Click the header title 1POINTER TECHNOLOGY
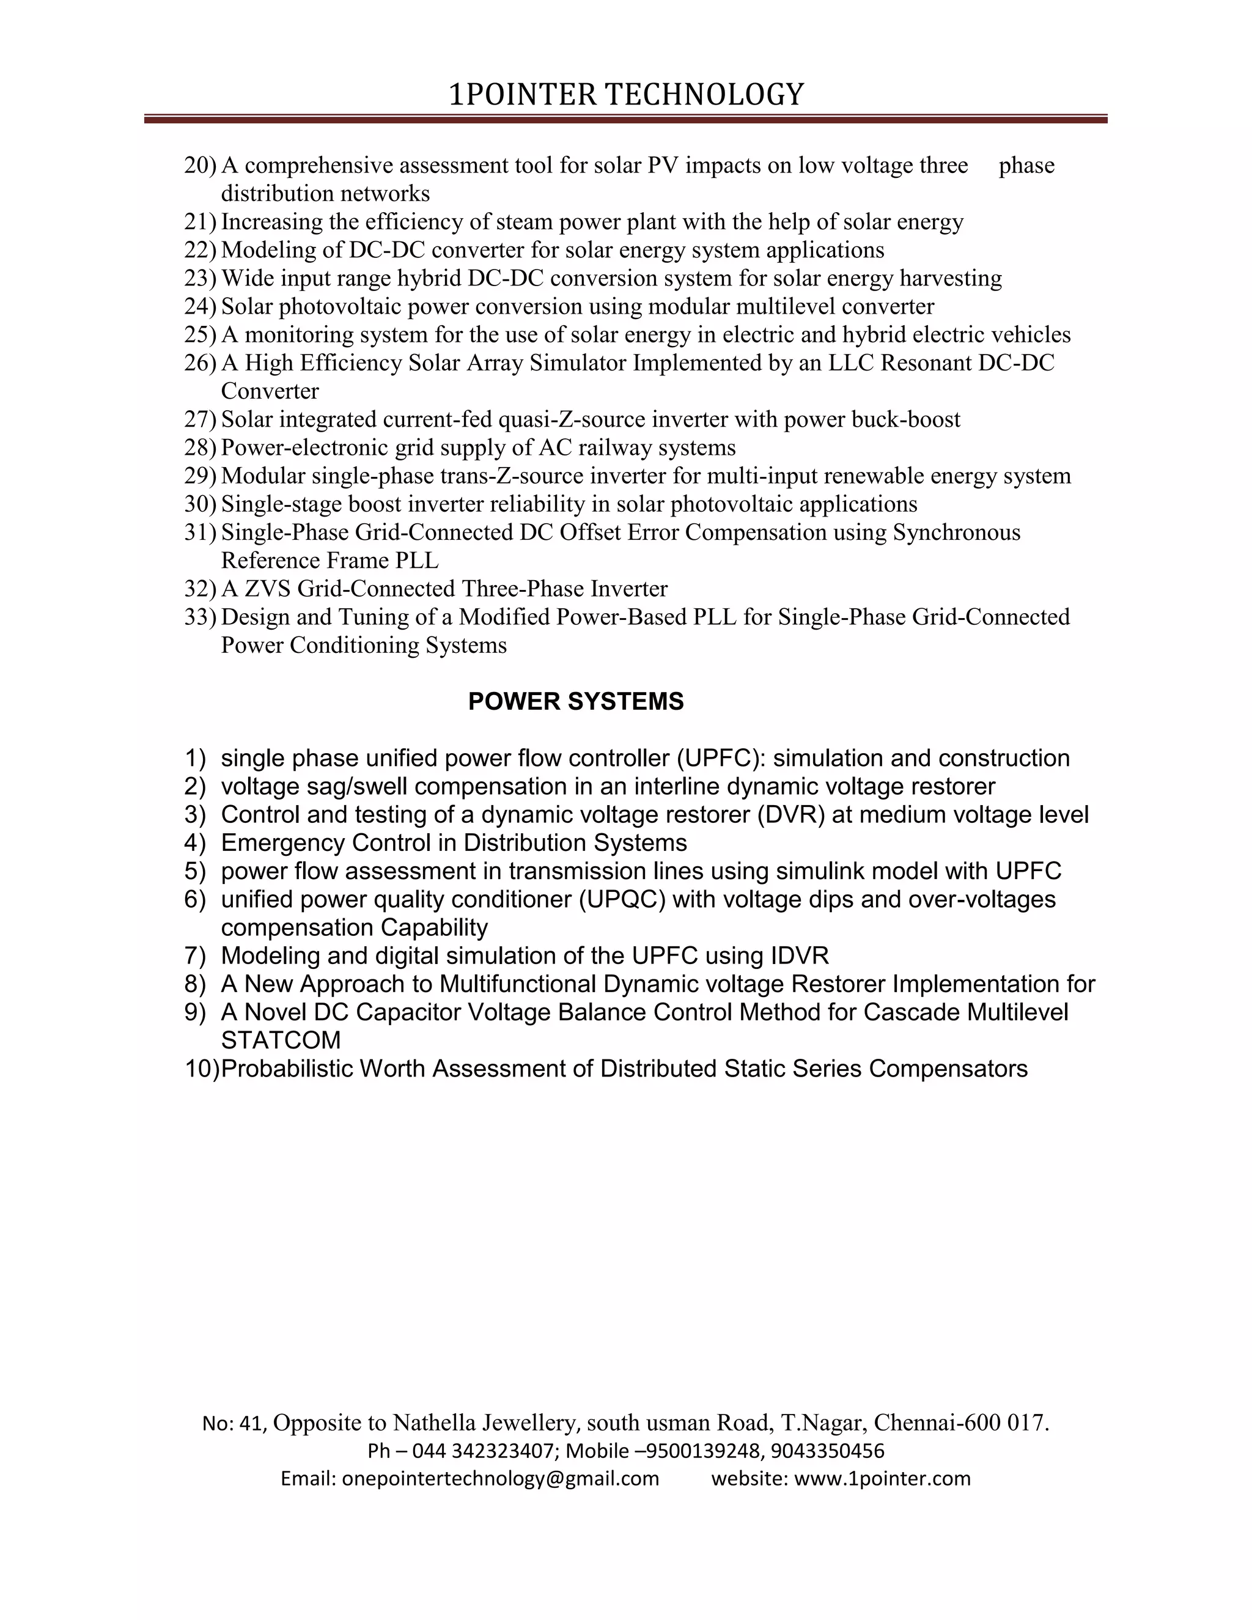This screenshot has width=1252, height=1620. tap(626, 95)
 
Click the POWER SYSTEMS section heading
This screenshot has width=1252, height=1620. tap(575, 701)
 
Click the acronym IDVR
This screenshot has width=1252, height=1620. tap(800, 955)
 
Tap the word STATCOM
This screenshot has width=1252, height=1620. tap(281, 1040)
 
